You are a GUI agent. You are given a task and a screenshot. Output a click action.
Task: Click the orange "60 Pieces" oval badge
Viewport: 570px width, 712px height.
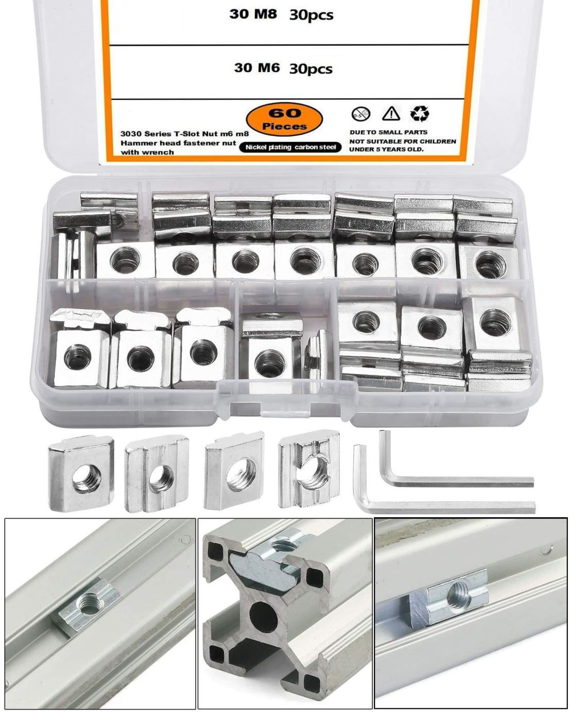click(284, 120)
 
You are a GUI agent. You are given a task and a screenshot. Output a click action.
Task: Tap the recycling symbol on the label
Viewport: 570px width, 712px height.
click(420, 113)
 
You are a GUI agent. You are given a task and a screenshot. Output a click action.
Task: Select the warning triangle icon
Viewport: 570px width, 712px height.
click(391, 113)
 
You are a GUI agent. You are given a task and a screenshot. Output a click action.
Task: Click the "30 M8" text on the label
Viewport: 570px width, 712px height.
click(253, 14)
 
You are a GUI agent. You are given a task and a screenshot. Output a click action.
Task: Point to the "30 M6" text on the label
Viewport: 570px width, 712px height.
click(256, 68)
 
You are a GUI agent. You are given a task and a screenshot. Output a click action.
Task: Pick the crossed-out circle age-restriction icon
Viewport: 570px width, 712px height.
click(360, 114)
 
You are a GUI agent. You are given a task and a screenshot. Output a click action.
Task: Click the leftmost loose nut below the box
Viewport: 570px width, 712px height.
click(81, 473)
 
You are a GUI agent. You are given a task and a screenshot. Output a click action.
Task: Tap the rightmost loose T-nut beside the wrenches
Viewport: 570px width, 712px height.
click(309, 469)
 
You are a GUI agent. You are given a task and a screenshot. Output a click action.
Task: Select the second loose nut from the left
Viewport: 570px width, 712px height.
click(157, 473)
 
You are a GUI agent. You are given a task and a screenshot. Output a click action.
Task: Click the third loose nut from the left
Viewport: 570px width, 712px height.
click(234, 470)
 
